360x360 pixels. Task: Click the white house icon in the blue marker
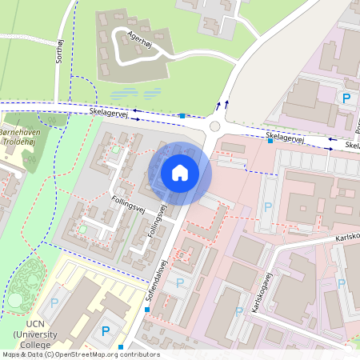[179, 172]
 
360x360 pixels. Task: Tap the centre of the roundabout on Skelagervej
[214, 126]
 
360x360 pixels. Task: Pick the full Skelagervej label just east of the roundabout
[287, 138]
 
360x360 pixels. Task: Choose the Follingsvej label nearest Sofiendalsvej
[161, 225]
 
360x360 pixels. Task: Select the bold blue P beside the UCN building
[106, 330]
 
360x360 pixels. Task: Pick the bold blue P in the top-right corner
[346, 99]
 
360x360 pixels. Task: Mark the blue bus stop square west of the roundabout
[182, 116]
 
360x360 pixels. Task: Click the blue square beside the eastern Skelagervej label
[271, 142]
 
